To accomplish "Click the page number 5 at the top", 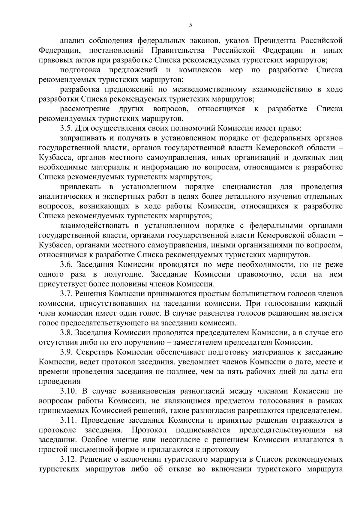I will [190, 25].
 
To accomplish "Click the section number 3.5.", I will [65, 128].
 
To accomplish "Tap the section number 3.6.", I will [65, 265].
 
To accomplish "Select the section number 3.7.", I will [65, 294].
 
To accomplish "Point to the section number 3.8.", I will [65, 333].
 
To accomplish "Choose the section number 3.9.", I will [65, 352].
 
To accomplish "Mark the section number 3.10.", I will [67, 391].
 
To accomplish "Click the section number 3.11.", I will [67, 420].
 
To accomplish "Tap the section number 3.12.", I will [67, 459].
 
